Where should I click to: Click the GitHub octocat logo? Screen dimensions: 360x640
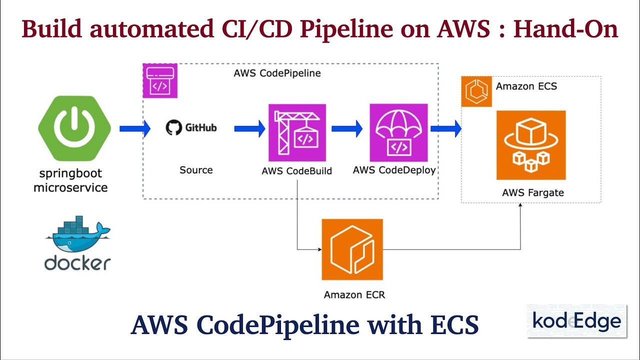(x=173, y=128)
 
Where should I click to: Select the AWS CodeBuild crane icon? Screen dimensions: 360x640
(x=297, y=132)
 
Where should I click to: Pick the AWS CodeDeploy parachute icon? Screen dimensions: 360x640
(x=398, y=132)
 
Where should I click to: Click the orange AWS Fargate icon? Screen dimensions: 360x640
(x=530, y=145)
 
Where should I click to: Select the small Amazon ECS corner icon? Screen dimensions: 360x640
(x=476, y=91)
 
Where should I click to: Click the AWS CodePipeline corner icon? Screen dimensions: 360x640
(x=159, y=80)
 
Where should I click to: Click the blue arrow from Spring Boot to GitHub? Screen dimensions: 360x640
(x=134, y=129)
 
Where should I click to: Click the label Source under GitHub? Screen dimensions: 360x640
(x=196, y=170)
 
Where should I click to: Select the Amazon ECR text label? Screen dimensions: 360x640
(x=354, y=294)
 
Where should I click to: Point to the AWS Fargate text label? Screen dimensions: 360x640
(x=532, y=192)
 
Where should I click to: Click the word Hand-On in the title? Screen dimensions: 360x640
(x=566, y=29)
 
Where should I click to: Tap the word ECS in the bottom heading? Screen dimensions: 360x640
(x=454, y=325)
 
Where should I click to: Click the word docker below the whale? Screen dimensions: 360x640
(x=77, y=262)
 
